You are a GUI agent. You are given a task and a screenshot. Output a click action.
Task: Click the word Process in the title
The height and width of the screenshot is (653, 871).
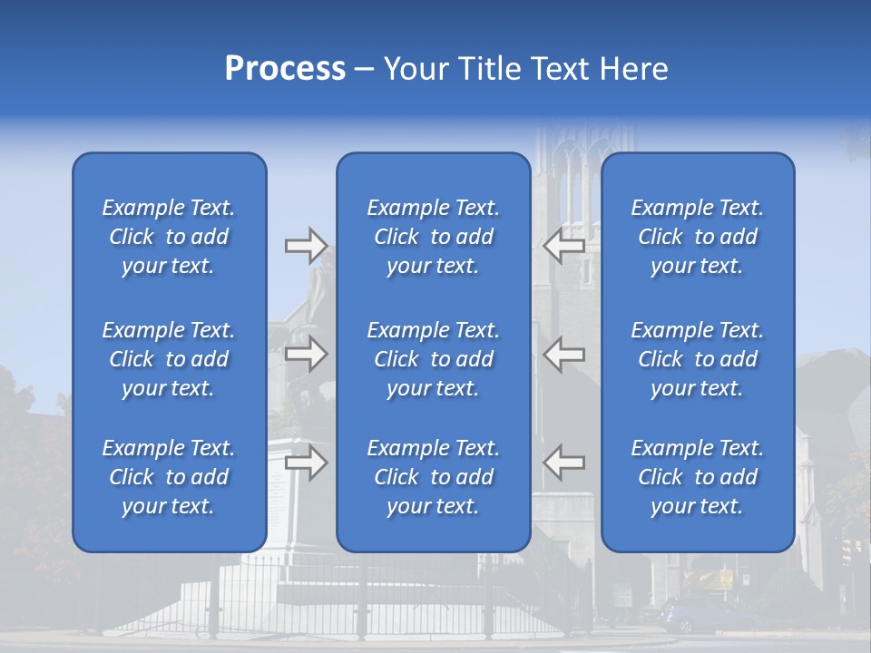pos(285,69)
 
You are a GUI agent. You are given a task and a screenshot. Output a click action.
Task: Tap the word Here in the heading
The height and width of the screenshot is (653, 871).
pos(631,69)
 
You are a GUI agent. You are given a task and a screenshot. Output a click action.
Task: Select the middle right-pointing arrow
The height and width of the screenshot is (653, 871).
pos(306,354)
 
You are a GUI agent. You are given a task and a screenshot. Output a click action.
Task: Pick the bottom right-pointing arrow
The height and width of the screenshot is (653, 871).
pos(306,463)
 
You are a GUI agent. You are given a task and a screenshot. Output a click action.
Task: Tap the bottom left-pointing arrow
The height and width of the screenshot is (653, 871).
pos(564,463)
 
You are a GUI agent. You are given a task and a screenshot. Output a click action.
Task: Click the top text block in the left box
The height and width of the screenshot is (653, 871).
pos(169,237)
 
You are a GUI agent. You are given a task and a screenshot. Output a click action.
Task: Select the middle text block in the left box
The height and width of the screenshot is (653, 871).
pos(169,359)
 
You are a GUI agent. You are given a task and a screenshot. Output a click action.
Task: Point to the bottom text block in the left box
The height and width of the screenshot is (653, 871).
pos(169,477)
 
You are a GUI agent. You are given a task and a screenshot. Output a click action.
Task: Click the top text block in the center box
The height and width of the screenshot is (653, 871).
pos(433,237)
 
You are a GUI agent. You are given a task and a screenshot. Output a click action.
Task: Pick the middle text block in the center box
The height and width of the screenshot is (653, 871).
pos(433,359)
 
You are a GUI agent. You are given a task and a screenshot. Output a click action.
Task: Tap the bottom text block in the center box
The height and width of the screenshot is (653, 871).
pos(433,477)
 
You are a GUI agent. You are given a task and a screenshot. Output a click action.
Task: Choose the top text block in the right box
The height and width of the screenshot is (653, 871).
pos(697,237)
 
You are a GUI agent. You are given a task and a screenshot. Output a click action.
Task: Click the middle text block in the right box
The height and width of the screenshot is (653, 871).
pos(697,359)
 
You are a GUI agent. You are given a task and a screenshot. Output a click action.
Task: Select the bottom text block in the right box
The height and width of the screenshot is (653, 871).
pos(697,477)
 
